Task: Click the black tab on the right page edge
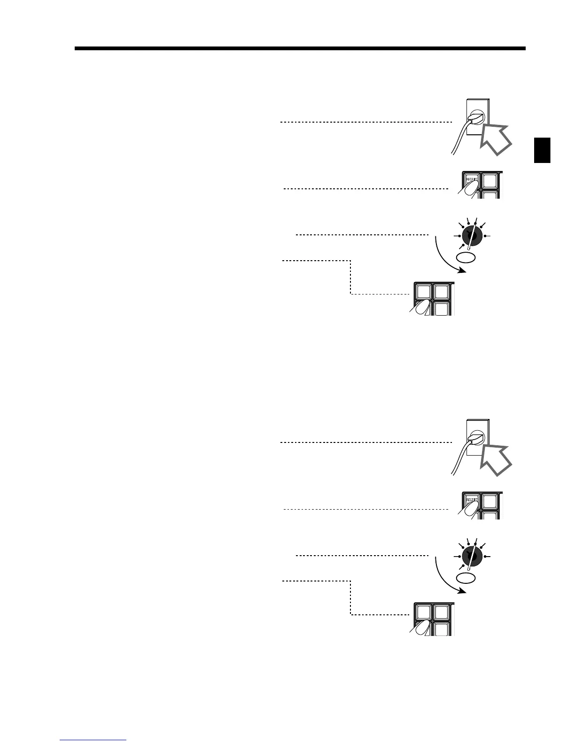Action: click(543, 150)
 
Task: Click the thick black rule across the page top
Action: click(300, 48)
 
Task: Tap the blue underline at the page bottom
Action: click(93, 740)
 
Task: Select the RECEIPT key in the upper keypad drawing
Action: click(471, 180)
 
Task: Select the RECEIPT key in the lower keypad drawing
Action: click(471, 500)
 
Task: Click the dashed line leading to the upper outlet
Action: click(365, 122)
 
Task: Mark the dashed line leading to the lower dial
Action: click(362, 556)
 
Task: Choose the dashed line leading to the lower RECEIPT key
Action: click(365, 509)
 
